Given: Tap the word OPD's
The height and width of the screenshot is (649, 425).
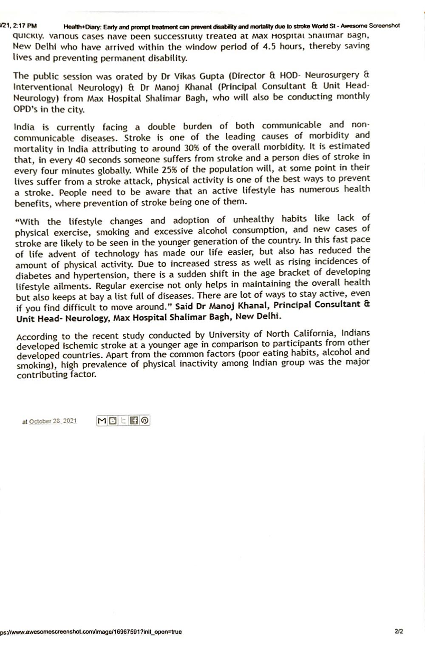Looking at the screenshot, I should coord(25,109).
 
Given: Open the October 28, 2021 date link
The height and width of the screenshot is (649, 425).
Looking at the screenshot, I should coord(53,421).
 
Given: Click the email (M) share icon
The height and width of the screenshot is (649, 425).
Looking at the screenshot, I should coord(102,421).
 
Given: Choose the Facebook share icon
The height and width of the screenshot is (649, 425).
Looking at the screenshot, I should coord(134,421).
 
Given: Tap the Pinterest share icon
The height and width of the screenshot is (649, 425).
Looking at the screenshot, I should coord(145,421).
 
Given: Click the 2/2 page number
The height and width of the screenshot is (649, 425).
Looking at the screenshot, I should coord(398,631).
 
